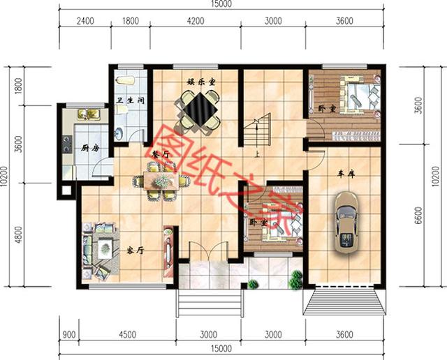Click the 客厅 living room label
[135, 250]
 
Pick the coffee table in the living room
[105, 247]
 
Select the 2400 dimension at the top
[85, 21]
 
